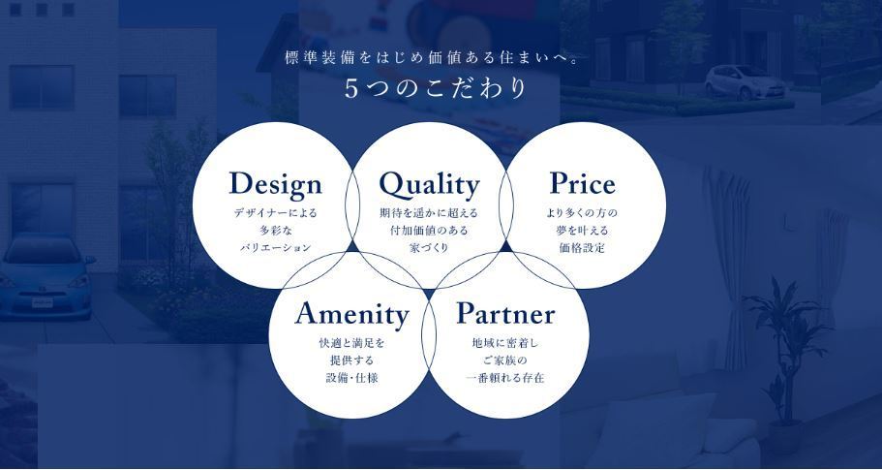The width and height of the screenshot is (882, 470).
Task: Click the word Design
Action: tap(276, 185)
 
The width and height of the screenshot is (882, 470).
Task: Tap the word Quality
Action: tap(429, 185)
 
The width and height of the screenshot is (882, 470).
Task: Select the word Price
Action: tap(582, 183)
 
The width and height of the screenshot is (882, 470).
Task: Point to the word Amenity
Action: tap(351, 315)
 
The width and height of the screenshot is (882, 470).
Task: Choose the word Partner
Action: tap(505, 314)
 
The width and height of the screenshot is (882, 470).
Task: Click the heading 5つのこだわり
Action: tap(436, 89)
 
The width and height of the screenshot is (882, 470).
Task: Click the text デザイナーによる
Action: tap(276, 213)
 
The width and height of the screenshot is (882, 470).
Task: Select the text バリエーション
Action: tap(276, 248)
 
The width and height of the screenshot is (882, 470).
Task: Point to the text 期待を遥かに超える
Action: tap(429, 213)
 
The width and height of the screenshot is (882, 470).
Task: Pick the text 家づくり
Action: tap(429, 248)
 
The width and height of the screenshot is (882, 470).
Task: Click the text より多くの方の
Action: tap(582, 213)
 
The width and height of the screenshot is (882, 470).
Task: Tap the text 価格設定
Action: tap(582, 248)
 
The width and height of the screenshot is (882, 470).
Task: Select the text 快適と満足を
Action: tap(351, 343)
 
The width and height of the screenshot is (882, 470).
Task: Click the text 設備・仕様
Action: tap(351, 378)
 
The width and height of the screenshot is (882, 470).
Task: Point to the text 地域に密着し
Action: tap(505, 343)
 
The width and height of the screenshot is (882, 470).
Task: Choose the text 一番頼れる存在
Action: tap(505, 378)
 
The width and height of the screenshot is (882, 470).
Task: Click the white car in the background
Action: tap(745, 82)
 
